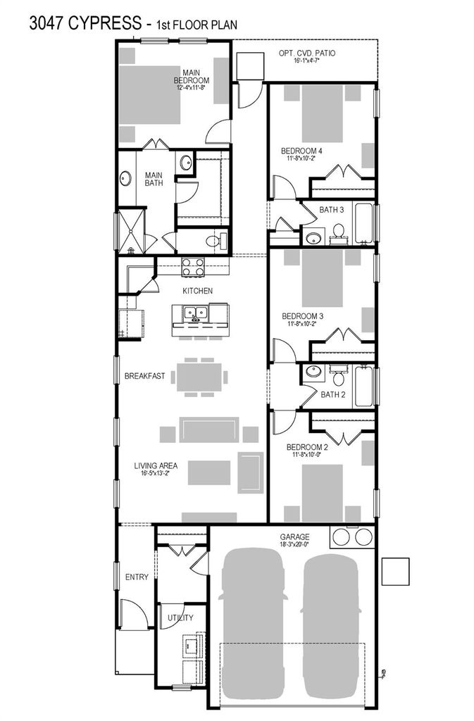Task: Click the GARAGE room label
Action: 294,537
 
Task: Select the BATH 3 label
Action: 332,210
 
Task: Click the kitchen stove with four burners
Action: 193,267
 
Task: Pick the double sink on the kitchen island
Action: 196,313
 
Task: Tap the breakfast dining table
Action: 199,377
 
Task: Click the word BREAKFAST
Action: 144,376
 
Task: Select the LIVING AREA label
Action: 156,466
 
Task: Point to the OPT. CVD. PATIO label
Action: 307,53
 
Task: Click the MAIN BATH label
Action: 154,179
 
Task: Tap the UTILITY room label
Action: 180,617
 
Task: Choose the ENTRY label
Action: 137,577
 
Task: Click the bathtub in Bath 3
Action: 363,223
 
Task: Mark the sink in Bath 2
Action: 314,372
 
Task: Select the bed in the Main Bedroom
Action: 150,95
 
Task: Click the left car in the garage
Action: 252,621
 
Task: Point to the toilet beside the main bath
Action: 216,241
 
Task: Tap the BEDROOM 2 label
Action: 307,447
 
